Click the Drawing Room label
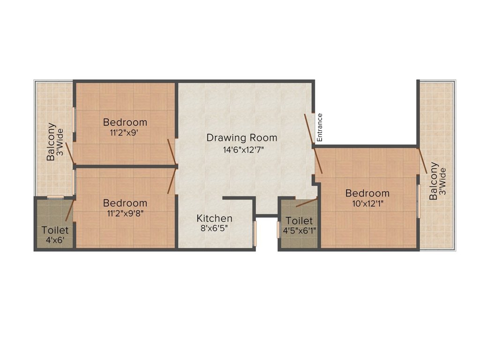242,138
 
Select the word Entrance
320,127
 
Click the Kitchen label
214,218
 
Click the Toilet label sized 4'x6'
55,230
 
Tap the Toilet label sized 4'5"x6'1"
299,220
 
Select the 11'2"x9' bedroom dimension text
125,133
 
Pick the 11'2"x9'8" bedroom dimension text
125,214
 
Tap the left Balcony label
51,142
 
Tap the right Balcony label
434,181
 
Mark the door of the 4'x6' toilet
69,210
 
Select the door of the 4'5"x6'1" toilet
307,202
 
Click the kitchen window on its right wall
255,233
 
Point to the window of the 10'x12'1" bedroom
418,201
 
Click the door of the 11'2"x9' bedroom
172,152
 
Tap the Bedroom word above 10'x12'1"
367,193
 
